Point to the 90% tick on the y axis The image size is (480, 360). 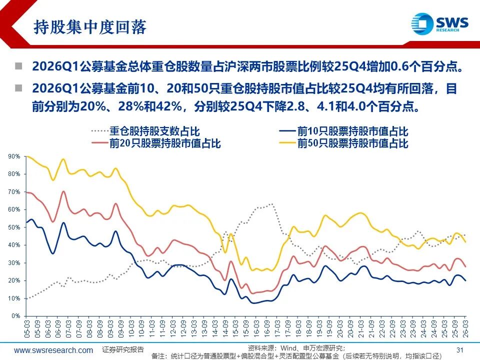[14, 156]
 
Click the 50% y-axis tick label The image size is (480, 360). [14, 227]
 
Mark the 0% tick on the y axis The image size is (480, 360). [16, 316]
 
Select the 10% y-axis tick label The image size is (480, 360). [14, 298]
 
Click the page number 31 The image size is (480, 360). [460, 349]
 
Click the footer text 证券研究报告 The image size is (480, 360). [123, 349]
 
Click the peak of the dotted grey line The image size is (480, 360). [271, 204]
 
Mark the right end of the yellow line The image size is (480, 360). [466, 242]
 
